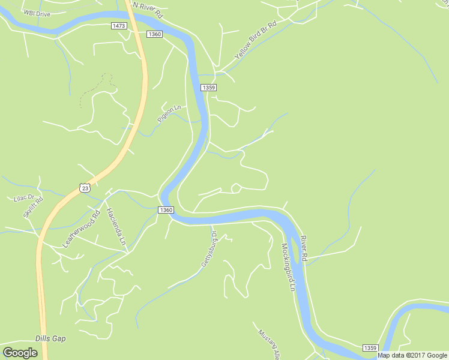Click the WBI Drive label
click(x=37, y=13)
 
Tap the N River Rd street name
click(x=147, y=8)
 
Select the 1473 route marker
click(x=119, y=26)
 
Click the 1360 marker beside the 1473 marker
click(x=154, y=34)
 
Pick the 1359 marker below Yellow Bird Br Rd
click(x=208, y=88)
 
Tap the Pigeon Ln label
click(x=169, y=114)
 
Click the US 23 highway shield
click(x=85, y=188)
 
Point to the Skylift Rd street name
click(x=33, y=207)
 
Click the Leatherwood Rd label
click(x=79, y=229)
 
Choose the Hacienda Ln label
click(x=115, y=226)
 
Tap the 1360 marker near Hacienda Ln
click(x=166, y=210)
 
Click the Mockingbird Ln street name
click(x=289, y=267)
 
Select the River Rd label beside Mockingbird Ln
click(x=304, y=247)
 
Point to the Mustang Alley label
click(x=269, y=344)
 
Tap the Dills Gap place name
click(x=50, y=338)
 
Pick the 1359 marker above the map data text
click(x=370, y=348)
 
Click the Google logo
click(x=20, y=353)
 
